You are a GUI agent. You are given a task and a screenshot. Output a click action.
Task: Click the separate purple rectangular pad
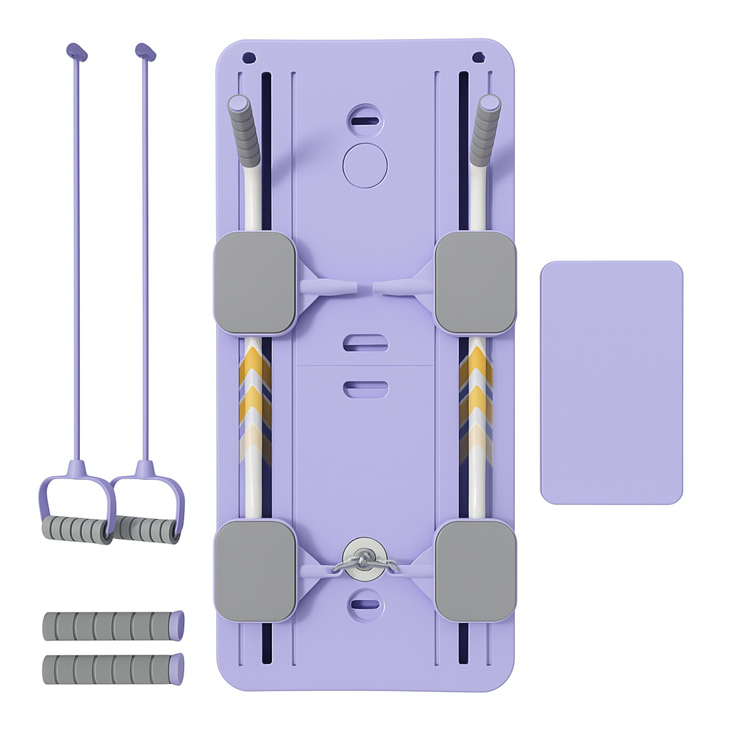611,383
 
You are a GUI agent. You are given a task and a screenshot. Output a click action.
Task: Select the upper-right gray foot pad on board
475,283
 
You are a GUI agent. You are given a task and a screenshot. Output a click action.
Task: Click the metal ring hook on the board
364,561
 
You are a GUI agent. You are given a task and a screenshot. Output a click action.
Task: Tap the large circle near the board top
365,165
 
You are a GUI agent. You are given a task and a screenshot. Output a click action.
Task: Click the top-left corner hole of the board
248,57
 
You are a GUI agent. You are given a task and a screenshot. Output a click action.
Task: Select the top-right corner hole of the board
478,57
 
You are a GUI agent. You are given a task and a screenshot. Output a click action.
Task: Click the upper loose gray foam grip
113,625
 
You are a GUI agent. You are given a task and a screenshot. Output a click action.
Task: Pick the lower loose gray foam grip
113,669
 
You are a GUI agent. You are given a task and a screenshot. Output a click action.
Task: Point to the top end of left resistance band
76,51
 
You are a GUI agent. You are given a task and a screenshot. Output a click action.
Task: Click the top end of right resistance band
145,51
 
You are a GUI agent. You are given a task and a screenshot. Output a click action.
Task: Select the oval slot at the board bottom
365,604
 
